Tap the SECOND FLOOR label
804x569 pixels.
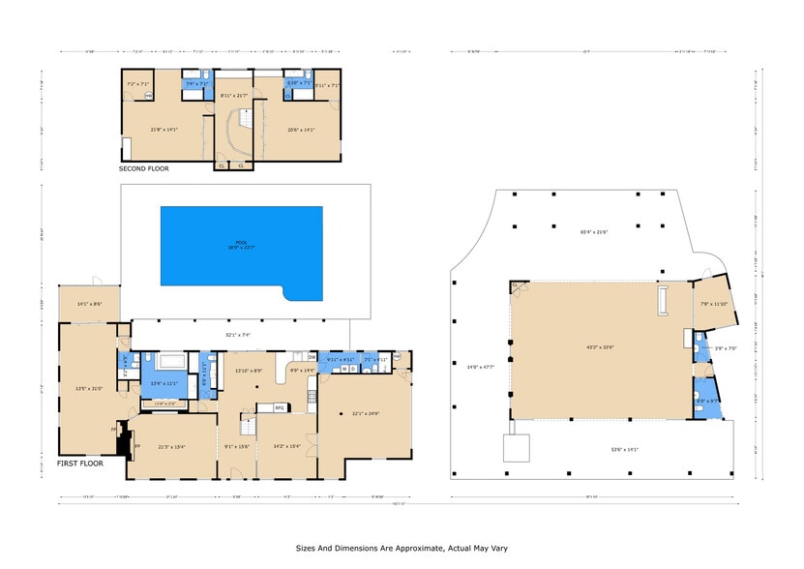[143, 169]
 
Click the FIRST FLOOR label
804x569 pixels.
[78, 464]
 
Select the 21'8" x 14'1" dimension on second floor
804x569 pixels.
[165, 129]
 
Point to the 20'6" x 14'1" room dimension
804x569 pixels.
[301, 129]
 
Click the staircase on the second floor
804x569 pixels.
[238, 131]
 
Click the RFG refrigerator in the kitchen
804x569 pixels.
[280, 407]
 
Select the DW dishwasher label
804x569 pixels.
[312, 357]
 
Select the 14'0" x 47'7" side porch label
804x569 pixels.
[480, 366]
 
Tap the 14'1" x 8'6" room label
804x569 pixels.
[89, 304]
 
